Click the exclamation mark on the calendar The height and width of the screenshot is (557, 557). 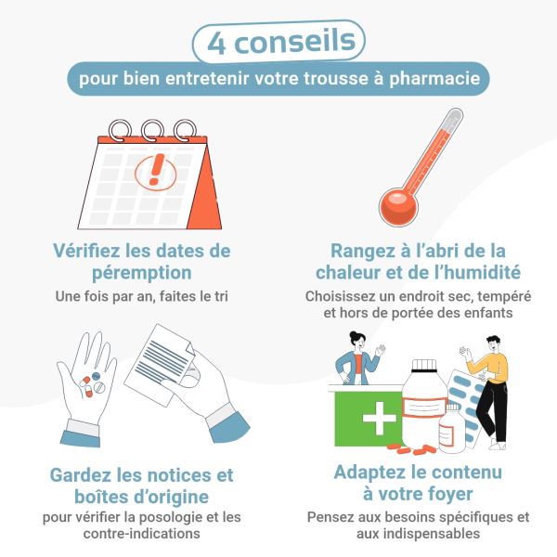(155, 170)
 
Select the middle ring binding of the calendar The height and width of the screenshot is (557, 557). (153, 128)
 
